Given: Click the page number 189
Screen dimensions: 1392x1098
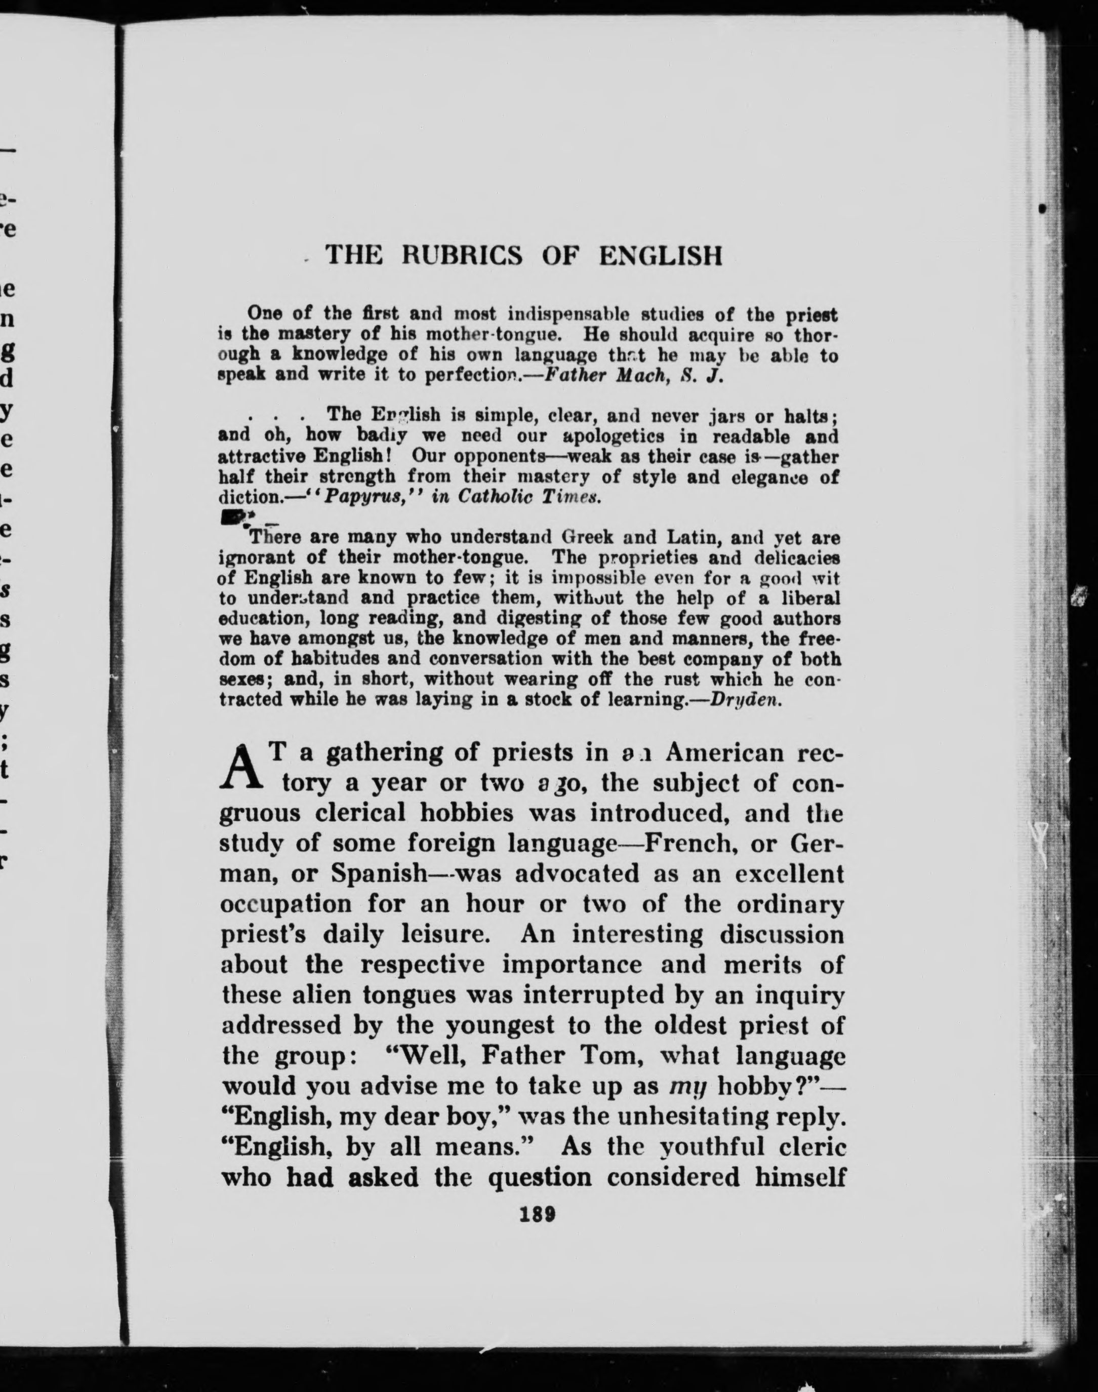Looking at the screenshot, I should [539, 1214].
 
